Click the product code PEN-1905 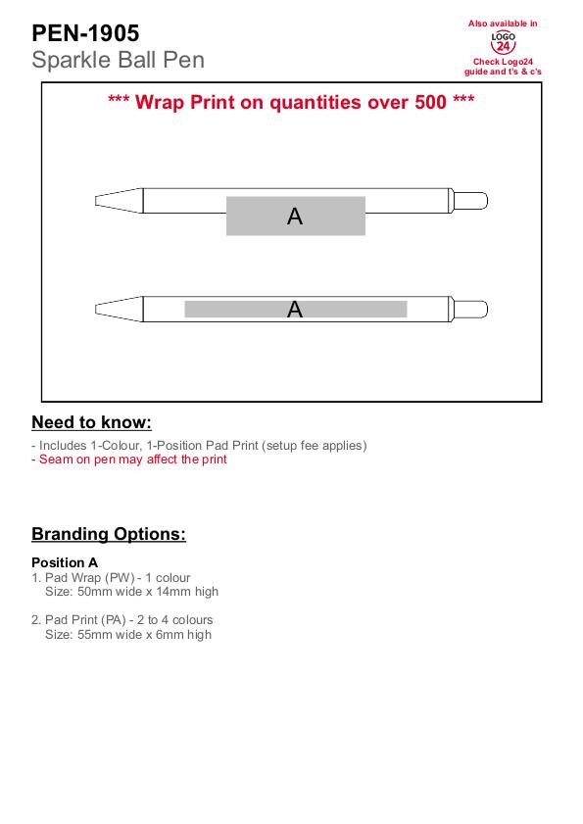(85, 33)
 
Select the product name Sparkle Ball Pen (118, 60)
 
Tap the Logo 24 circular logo (503, 42)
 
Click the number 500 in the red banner (430, 102)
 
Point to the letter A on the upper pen (295, 217)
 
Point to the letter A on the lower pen (295, 309)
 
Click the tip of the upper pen (96, 201)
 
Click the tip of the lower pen (96, 309)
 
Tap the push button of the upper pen (471, 201)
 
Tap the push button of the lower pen (471, 309)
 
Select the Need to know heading (91, 422)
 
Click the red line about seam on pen (129, 460)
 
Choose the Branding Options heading (109, 534)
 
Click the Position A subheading (65, 562)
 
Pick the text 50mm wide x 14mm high (148, 592)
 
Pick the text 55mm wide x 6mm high (145, 635)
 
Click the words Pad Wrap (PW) (90, 577)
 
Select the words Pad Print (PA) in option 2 (85, 620)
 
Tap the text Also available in (503, 24)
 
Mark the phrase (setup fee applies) (316, 446)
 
